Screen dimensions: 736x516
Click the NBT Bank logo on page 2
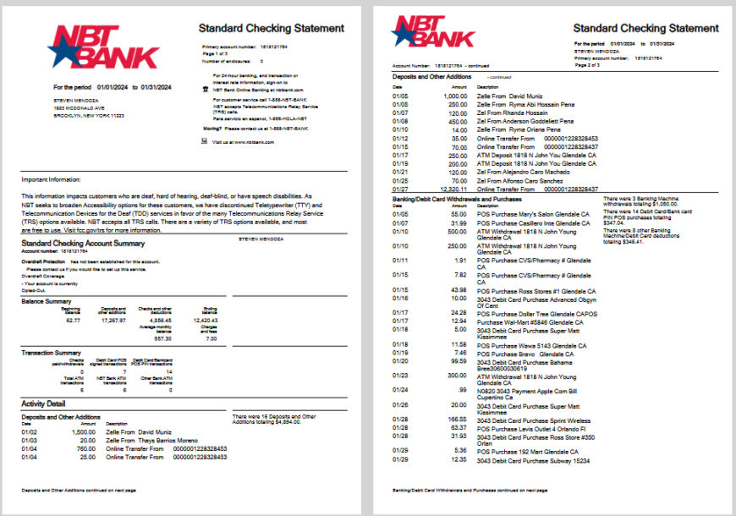434,32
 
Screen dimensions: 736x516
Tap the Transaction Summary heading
51,353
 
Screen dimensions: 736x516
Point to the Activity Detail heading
43,403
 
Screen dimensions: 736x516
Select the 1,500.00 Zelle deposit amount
83,431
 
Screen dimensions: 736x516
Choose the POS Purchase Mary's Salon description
533,215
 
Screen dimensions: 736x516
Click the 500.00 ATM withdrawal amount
457,231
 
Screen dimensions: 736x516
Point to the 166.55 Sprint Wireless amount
457,420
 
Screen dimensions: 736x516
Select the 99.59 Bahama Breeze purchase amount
458,360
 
